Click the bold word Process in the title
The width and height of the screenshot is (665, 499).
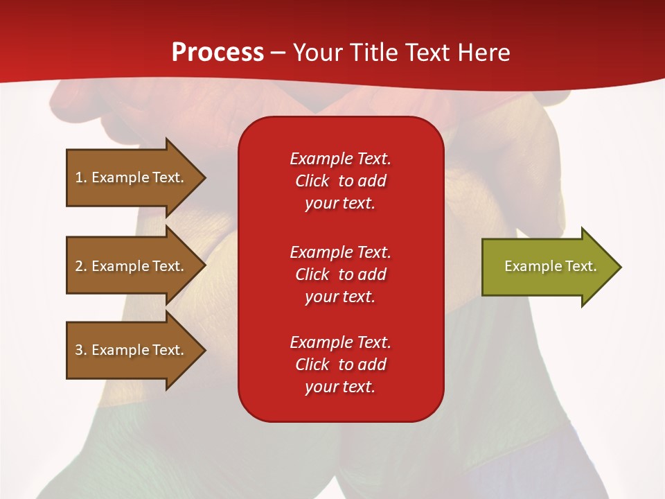click(218, 53)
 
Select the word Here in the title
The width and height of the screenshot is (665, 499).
click(484, 53)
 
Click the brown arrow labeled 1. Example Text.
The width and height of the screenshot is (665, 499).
click(136, 177)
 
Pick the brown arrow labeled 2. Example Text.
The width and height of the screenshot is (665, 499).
click(136, 265)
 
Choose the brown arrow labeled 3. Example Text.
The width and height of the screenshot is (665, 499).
click(136, 350)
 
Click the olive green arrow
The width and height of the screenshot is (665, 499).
click(552, 267)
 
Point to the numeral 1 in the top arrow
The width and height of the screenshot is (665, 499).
click(79, 177)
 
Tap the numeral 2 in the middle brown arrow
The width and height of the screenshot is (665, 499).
click(79, 266)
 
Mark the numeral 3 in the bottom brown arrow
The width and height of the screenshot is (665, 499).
click(79, 350)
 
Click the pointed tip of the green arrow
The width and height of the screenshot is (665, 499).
click(622, 267)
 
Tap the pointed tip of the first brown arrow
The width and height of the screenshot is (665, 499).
click(206, 177)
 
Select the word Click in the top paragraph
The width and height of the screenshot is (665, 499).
click(312, 181)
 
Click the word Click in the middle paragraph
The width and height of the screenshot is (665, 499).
click(312, 274)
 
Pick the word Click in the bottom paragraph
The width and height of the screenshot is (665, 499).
click(312, 364)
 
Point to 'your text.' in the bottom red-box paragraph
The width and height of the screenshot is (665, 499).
click(340, 387)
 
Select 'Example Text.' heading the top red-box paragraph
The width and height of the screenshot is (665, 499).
click(340, 159)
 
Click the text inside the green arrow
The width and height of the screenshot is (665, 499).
click(551, 266)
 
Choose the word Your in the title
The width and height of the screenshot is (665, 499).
click(318, 53)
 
